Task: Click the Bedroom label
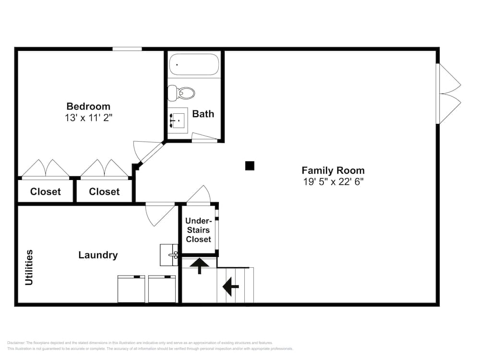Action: click(x=88, y=107)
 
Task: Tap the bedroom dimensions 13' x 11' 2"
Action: click(x=89, y=118)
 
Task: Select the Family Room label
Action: click(x=333, y=170)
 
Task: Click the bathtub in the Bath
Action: click(x=194, y=65)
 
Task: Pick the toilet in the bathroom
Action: click(x=182, y=93)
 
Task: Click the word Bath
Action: click(x=203, y=114)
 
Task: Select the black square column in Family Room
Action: click(x=250, y=166)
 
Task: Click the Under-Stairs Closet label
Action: click(x=198, y=230)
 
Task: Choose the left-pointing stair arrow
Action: click(x=231, y=288)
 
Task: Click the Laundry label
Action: click(x=98, y=255)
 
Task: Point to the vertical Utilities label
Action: click(x=30, y=267)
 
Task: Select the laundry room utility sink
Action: click(x=169, y=254)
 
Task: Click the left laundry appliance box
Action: click(x=132, y=289)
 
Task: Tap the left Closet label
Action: click(x=46, y=192)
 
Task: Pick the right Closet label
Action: click(x=104, y=192)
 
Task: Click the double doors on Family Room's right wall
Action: click(x=449, y=94)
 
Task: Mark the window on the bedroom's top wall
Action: click(x=127, y=49)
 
